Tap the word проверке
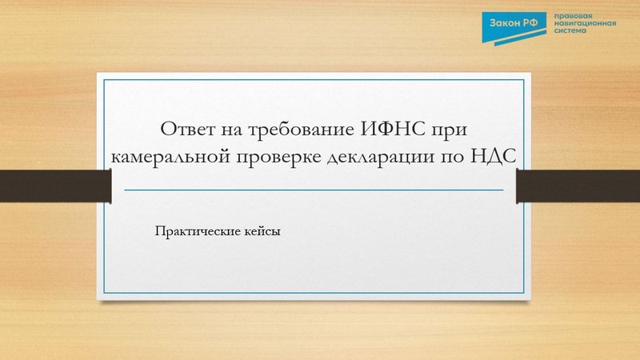280,157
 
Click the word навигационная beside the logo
586,25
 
